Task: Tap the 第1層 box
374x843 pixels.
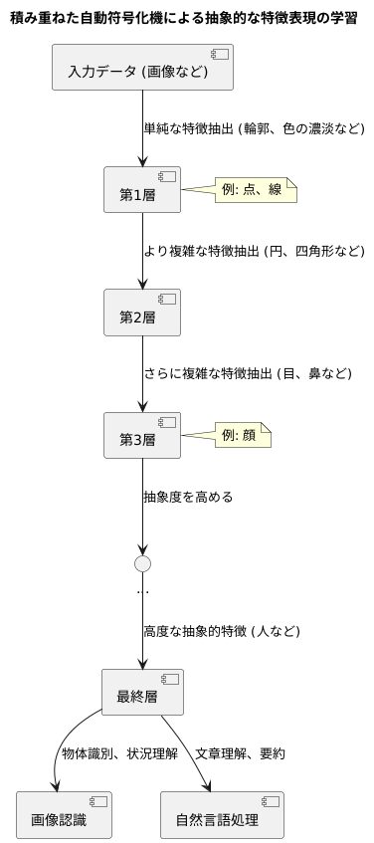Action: click(x=143, y=189)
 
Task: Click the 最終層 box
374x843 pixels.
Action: click(x=143, y=693)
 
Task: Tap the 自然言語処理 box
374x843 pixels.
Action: click(x=222, y=816)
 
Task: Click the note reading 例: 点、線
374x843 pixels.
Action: click(x=257, y=189)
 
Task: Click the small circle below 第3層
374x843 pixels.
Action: click(x=143, y=563)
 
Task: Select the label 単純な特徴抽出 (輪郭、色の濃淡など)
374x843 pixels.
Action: click(x=255, y=128)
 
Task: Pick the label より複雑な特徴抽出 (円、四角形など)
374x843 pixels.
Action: click(x=255, y=251)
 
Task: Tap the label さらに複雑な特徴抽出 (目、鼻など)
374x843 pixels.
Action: click(x=248, y=374)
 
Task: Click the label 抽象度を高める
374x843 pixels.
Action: click(x=188, y=497)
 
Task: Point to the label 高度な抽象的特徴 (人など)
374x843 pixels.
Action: click(x=222, y=631)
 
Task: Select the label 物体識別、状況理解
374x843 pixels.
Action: click(x=118, y=754)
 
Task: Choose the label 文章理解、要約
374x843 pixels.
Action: click(x=241, y=754)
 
